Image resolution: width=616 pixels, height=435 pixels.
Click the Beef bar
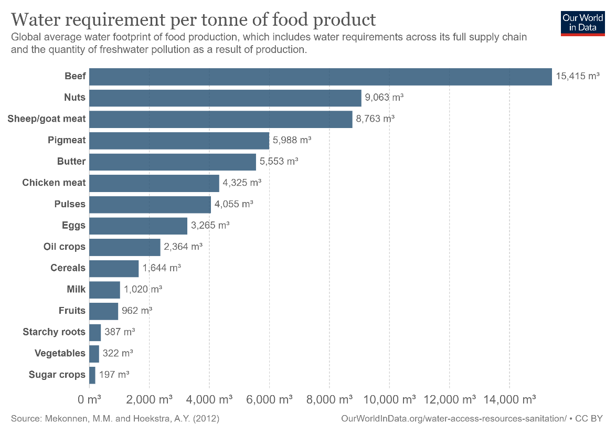pyautogui.click(x=320, y=77)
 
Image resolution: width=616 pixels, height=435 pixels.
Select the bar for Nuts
pyautogui.click(x=225, y=98)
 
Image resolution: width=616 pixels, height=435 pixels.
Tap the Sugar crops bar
pyautogui.click(x=92, y=375)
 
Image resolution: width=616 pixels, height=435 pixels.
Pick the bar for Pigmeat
pyautogui.click(x=179, y=141)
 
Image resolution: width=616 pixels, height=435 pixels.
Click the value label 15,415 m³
pyautogui.click(x=577, y=77)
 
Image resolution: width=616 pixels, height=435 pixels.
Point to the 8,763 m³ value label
pyautogui.click(x=375, y=119)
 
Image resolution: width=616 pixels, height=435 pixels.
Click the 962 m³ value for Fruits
pyautogui.click(x=137, y=311)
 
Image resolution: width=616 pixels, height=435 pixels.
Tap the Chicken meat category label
pyautogui.click(x=54, y=183)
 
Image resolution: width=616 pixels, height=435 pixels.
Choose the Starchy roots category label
pyautogui.click(x=54, y=332)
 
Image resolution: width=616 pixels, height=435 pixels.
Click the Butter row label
pyautogui.click(x=71, y=162)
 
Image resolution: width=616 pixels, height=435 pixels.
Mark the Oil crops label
pyautogui.click(x=64, y=247)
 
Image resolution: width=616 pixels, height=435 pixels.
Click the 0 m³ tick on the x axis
pyautogui.click(x=89, y=400)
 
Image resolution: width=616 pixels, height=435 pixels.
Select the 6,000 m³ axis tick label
pyautogui.click(x=269, y=400)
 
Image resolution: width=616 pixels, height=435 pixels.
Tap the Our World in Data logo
pyautogui.click(x=582, y=23)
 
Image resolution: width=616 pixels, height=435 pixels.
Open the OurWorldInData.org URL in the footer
pyautogui.click(x=454, y=419)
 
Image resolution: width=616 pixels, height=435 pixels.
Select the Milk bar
pyautogui.click(x=104, y=290)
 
